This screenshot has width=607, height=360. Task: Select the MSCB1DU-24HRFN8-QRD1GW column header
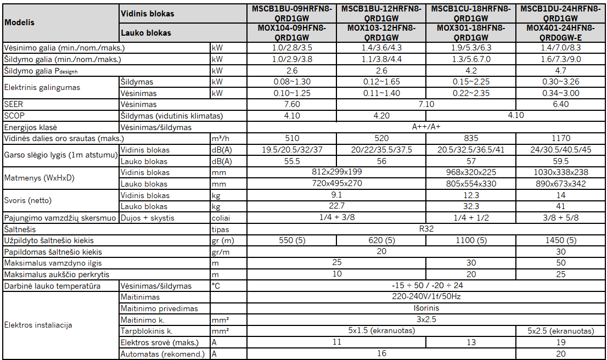point(560,13)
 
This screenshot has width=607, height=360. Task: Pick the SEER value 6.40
point(560,104)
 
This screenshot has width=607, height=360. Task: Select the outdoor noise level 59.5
point(560,161)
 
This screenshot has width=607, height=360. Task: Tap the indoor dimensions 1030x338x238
point(560,172)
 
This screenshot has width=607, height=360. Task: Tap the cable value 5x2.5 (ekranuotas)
point(560,331)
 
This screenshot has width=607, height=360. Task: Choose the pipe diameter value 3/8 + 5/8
point(560,218)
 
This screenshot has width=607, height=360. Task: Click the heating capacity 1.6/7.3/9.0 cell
point(560,59)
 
